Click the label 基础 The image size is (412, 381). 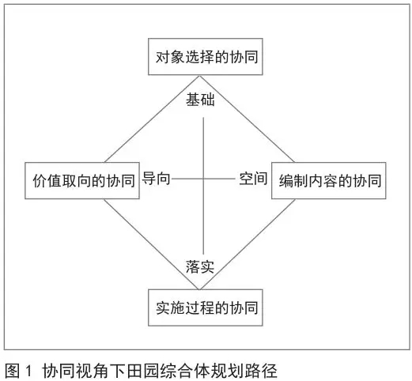200,100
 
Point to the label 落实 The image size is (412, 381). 200,266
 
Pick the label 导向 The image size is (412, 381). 156,179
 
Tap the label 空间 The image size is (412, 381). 253,179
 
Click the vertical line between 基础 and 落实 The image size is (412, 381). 203,186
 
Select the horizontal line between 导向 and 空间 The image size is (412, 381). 203,179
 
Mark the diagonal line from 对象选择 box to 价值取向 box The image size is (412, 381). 152,119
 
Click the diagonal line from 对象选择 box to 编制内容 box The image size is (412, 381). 247,119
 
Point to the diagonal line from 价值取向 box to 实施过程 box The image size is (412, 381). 152,244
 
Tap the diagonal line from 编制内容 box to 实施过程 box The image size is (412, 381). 248,244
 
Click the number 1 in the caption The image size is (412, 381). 28,371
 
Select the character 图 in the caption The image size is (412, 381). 13,371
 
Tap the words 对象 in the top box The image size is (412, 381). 170,57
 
